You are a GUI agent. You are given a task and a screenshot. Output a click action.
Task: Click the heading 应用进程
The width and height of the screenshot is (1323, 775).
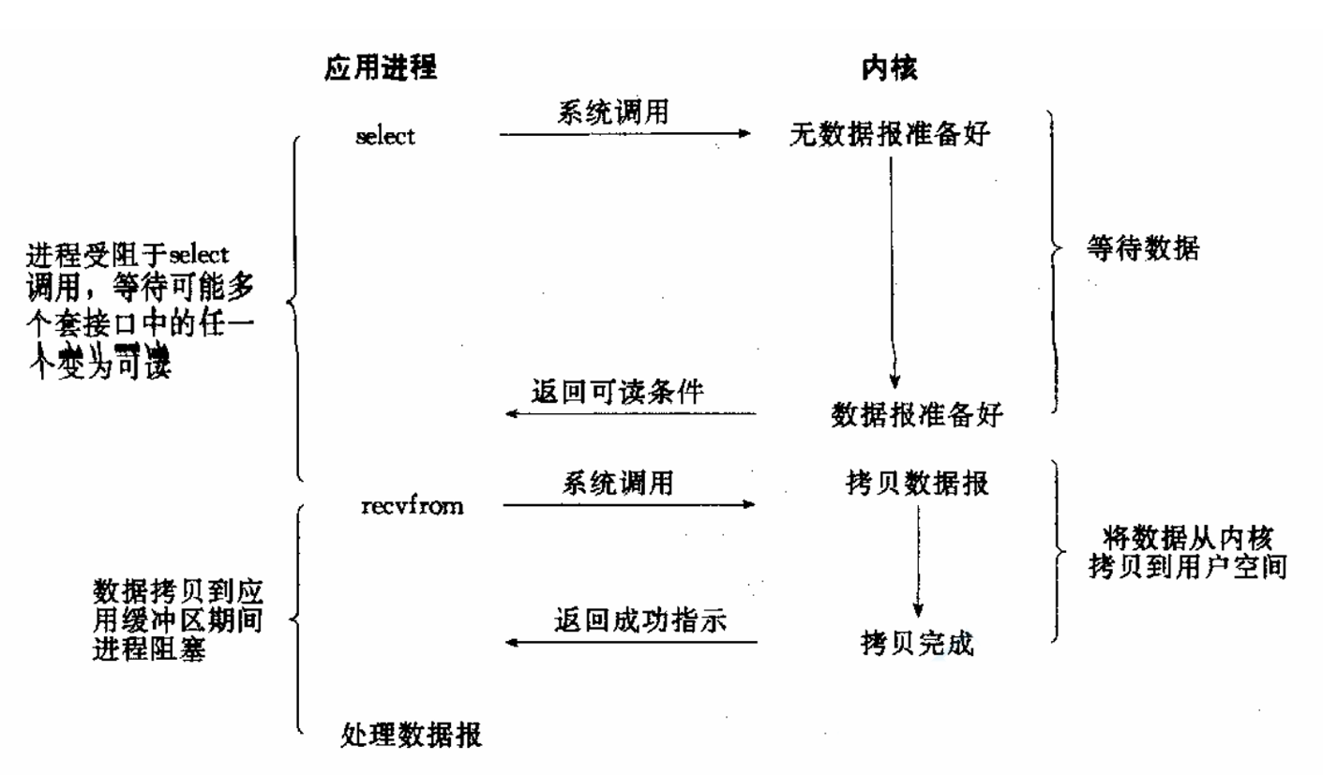pos(381,68)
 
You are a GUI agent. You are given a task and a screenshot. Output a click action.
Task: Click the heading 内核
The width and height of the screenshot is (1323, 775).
pos(888,68)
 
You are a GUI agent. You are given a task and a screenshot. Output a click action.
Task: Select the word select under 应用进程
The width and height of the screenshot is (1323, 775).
pos(385,136)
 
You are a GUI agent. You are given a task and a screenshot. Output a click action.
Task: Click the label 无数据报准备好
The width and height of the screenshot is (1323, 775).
pos(890,136)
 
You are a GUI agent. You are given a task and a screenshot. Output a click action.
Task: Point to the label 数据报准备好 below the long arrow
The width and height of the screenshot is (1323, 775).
pos(918,414)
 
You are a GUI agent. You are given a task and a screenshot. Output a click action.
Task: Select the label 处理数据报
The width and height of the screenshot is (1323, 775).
pos(411,735)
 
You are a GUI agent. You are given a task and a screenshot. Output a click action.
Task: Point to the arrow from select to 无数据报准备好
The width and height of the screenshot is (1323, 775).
pos(624,134)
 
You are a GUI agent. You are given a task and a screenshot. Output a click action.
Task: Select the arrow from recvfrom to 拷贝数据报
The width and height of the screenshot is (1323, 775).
pos(628,506)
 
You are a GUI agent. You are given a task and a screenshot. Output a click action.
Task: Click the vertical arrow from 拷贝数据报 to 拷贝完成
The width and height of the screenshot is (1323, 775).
pos(919,562)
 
